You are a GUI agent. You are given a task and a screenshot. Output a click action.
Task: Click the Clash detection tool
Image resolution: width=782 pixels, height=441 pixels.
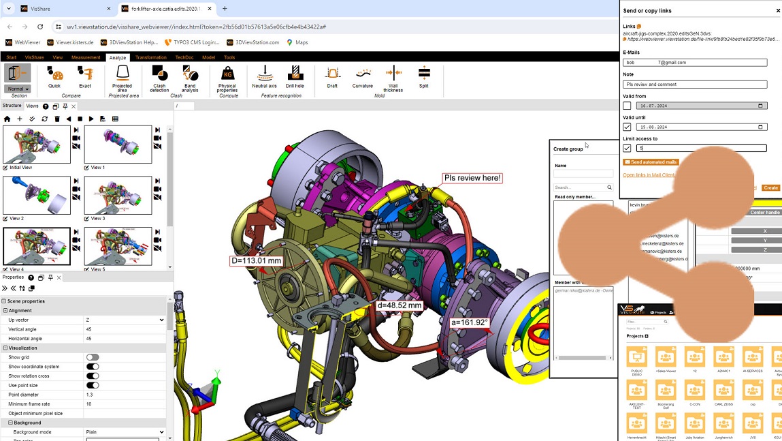coord(159,78)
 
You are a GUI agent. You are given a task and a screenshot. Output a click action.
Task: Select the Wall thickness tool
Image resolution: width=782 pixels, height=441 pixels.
coord(393,78)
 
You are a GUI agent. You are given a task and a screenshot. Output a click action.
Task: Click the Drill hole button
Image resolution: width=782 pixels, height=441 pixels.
coord(295,77)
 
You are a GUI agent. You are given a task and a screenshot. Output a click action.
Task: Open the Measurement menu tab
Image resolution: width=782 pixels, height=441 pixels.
coord(86,57)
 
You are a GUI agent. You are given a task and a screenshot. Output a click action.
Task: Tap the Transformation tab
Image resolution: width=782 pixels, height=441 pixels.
coord(150,57)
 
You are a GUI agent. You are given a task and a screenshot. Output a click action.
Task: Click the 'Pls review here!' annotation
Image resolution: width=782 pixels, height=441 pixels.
coord(472,179)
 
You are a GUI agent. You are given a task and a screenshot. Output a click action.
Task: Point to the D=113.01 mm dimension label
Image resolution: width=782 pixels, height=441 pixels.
coord(256,260)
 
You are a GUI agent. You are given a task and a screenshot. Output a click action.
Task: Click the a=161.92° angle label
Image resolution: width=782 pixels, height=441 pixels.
coord(469,322)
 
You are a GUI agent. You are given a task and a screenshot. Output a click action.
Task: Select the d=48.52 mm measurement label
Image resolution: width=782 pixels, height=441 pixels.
coord(400,305)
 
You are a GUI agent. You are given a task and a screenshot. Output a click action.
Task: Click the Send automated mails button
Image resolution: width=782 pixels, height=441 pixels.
coord(651,162)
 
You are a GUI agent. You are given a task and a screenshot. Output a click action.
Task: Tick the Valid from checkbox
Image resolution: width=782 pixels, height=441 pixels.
coord(627,106)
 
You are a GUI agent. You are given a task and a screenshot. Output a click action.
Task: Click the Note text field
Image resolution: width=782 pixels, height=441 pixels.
coord(695,85)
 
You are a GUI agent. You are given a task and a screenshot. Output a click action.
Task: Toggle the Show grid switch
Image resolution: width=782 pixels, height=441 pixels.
coord(93,357)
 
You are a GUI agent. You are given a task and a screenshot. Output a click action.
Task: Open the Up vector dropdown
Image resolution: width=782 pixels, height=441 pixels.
coord(124,320)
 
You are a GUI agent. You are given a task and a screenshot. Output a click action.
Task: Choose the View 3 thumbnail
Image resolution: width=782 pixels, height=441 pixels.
coord(118,196)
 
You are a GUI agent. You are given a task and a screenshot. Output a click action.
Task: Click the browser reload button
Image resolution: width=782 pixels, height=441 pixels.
coord(40,27)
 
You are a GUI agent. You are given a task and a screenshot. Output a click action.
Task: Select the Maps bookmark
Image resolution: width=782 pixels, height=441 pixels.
coord(297,42)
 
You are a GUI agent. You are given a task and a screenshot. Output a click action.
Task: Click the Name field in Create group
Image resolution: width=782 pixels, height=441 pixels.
coord(583,174)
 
